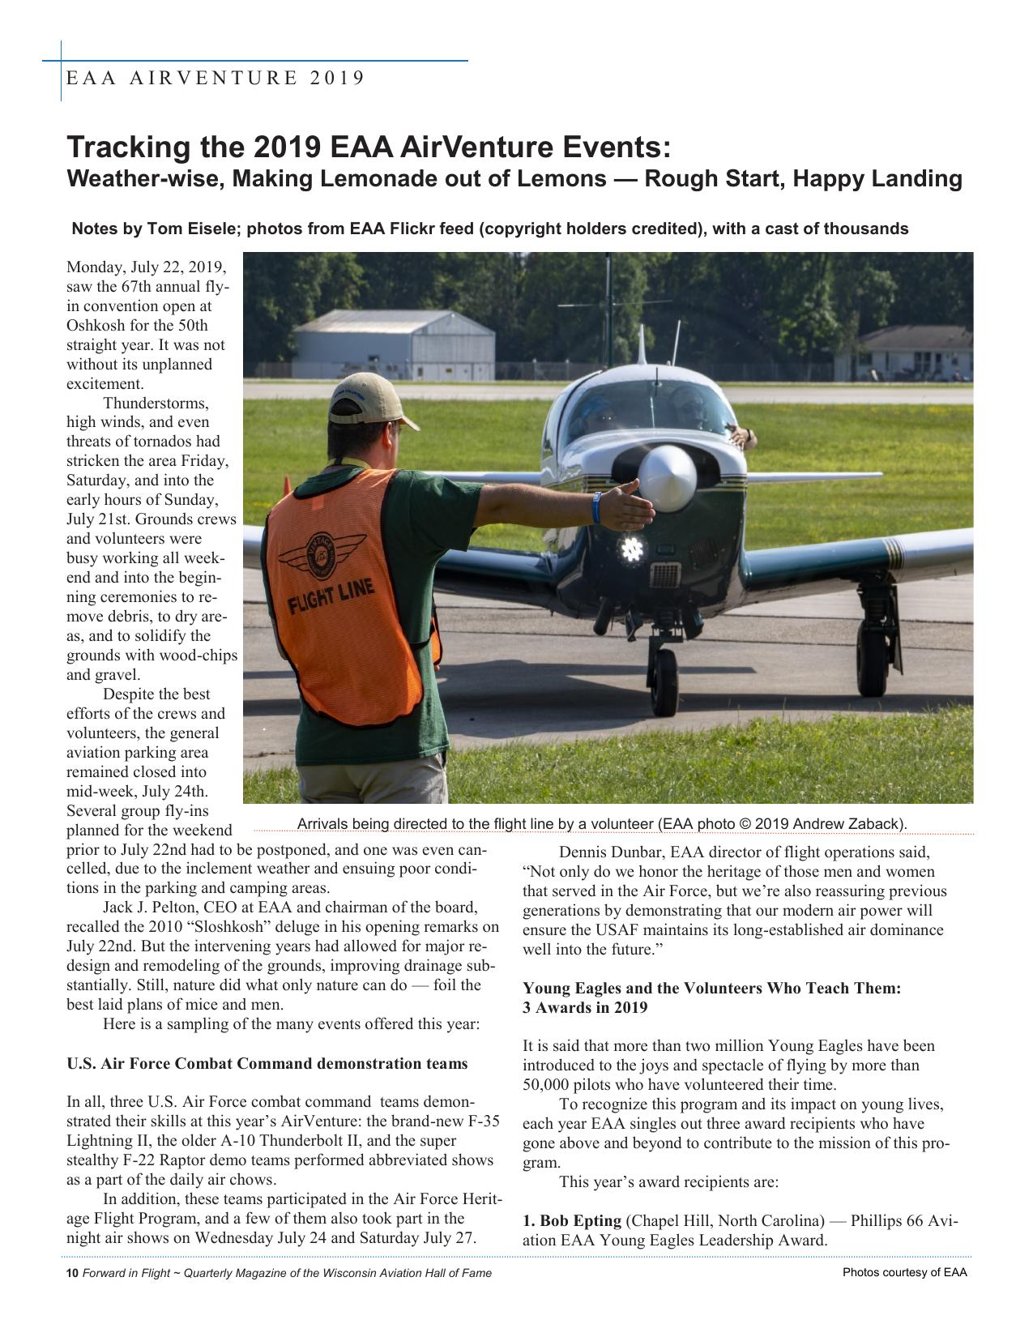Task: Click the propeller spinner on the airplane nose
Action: click(667, 478)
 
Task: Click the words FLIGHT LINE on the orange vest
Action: click(331, 598)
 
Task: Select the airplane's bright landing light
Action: click(631, 549)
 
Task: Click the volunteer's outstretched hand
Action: click(630, 506)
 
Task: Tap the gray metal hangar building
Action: click(394, 346)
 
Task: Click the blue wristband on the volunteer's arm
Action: click(597, 507)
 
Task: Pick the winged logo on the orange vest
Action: click(322, 557)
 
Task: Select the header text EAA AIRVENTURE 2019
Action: click(216, 78)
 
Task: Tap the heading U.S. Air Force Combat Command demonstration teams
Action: click(267, 1064)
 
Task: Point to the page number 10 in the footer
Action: click(71, 1273)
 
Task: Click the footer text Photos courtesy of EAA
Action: click(904, 1272)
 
